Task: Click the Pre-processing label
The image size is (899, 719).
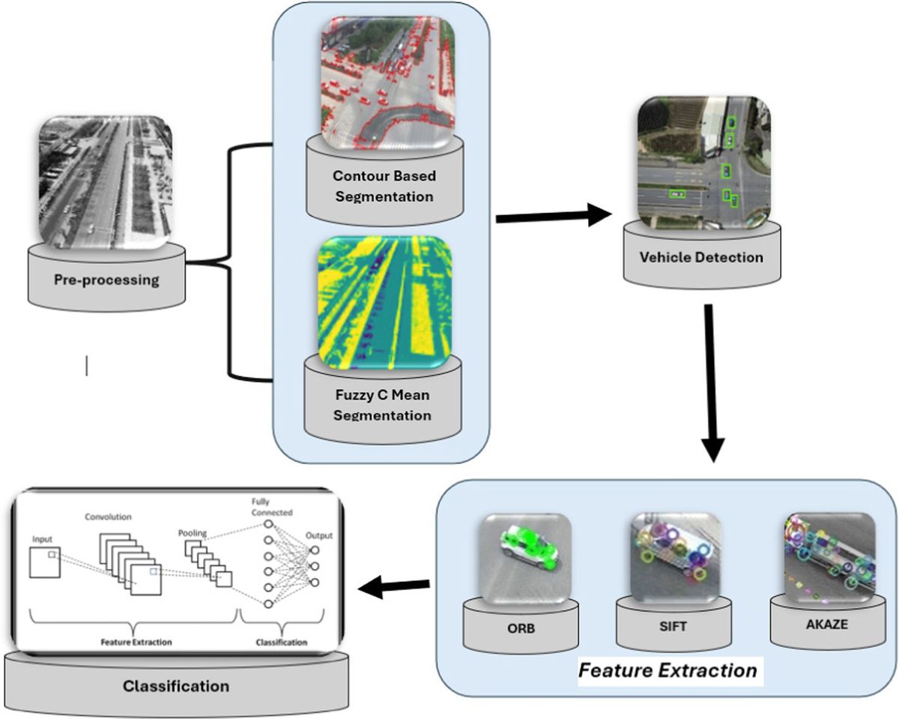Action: point(106,280)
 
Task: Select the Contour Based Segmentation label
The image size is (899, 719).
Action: point(384,186)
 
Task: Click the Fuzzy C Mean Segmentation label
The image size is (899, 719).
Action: point(381,406)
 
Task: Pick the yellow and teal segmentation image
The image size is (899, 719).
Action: point(385,299)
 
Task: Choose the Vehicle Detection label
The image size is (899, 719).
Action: point(701,257)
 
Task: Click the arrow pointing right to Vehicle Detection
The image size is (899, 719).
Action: point(554,217)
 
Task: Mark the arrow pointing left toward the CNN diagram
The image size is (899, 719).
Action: point(393,589)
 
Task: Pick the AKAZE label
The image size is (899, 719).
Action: point(828,623)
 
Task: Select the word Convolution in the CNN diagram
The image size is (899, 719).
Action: point(109,517)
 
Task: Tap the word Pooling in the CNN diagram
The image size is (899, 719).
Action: point(193,532)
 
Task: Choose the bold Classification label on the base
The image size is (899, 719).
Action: point(176,685)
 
